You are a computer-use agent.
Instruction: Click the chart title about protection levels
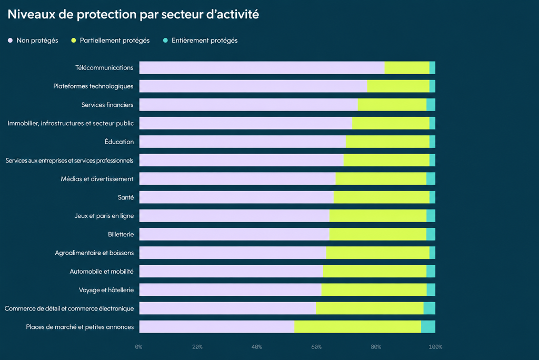click(133, 14)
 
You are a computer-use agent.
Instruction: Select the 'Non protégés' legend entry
click(33, 41)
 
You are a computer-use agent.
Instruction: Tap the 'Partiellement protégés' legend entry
click(111, 41)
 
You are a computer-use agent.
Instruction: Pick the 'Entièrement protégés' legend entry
click(200, 41)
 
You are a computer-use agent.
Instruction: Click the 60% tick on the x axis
click(316, 347)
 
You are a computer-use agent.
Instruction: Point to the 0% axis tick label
click(138, 347)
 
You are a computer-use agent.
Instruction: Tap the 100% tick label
click(435, 347)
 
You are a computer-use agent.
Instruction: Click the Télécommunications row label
click(104, 68)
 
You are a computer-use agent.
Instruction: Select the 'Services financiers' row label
click(107, 105)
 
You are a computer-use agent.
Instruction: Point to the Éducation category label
click(119, 142)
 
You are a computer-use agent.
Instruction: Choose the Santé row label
click(126, 197)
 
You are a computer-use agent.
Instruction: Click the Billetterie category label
click(121, 235)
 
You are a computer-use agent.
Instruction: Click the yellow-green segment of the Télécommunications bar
click(407, 68)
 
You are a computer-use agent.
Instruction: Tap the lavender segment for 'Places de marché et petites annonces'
click(217, 327)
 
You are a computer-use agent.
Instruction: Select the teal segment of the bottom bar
click(428, 327)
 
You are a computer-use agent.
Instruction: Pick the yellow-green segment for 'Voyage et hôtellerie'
click(374, 290)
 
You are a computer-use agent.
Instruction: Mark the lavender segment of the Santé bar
click(236, 197)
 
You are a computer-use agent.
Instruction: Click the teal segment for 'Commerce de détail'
click(430, 308)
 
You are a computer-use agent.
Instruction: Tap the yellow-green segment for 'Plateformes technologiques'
click(398, 86)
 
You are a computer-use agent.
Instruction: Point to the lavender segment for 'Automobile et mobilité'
click(231, 271)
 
